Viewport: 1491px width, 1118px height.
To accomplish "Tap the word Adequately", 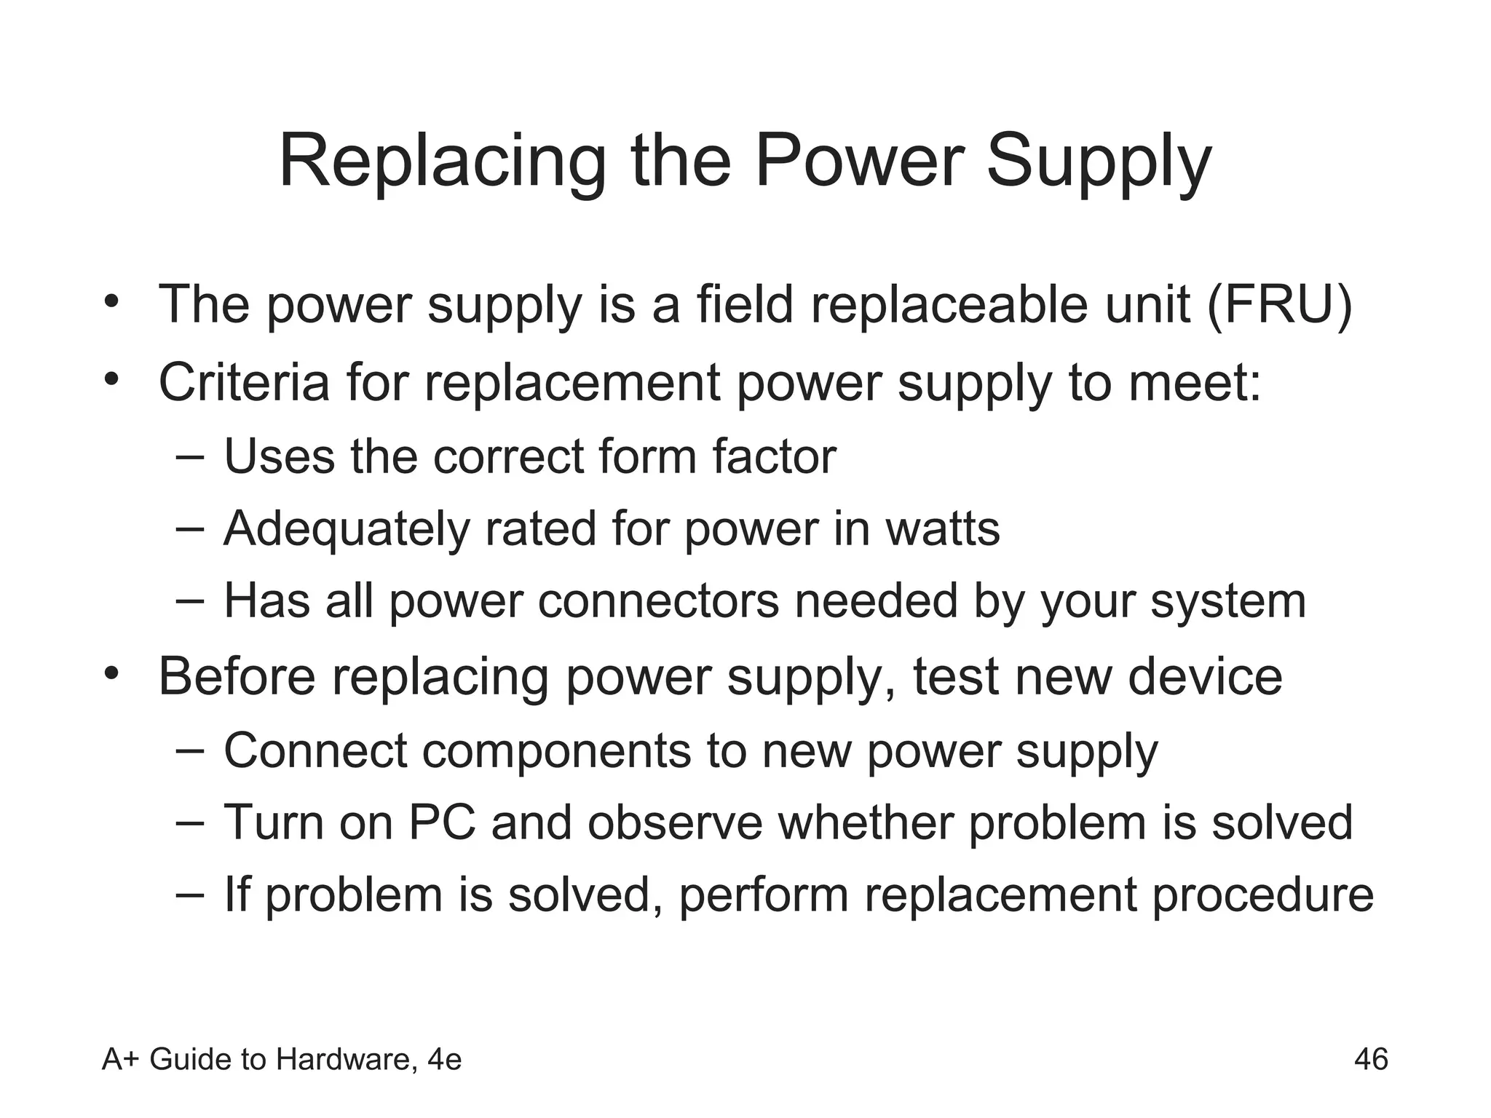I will tap(347, 529).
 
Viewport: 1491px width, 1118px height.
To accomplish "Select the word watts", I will tap(943, 529).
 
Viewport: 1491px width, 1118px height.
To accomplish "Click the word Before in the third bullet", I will tap(237, 676).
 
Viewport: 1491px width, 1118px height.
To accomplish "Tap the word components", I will tap(555, 751).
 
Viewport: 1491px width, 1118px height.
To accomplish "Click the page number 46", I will tap(1371, 1059).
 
